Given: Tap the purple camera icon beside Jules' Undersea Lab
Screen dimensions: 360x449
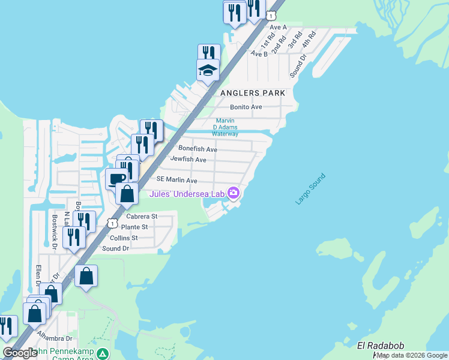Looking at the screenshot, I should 234,193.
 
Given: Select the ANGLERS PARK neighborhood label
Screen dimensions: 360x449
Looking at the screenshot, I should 252,93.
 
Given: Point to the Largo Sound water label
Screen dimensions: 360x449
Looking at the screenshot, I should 310,189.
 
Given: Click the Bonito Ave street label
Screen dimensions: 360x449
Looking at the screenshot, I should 246,107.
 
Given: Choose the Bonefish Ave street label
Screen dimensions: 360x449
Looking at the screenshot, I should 197,149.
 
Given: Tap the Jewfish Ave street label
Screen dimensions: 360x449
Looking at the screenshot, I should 188,160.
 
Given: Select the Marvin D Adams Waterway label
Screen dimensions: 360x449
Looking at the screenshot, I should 226,127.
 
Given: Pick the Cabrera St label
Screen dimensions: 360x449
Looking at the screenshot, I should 142,216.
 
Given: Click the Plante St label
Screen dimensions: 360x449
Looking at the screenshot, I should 134,227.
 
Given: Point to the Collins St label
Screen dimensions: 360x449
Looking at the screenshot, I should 123,238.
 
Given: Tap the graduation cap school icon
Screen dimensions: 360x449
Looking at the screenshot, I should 208,71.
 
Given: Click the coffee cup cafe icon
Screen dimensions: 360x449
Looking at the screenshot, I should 116,179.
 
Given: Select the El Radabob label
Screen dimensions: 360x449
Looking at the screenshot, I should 378,345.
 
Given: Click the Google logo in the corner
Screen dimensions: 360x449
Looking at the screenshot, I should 20,353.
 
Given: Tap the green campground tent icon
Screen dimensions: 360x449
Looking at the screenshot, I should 103,353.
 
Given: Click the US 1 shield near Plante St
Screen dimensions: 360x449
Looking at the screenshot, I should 112,223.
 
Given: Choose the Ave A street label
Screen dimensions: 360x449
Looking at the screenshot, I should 278,28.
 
